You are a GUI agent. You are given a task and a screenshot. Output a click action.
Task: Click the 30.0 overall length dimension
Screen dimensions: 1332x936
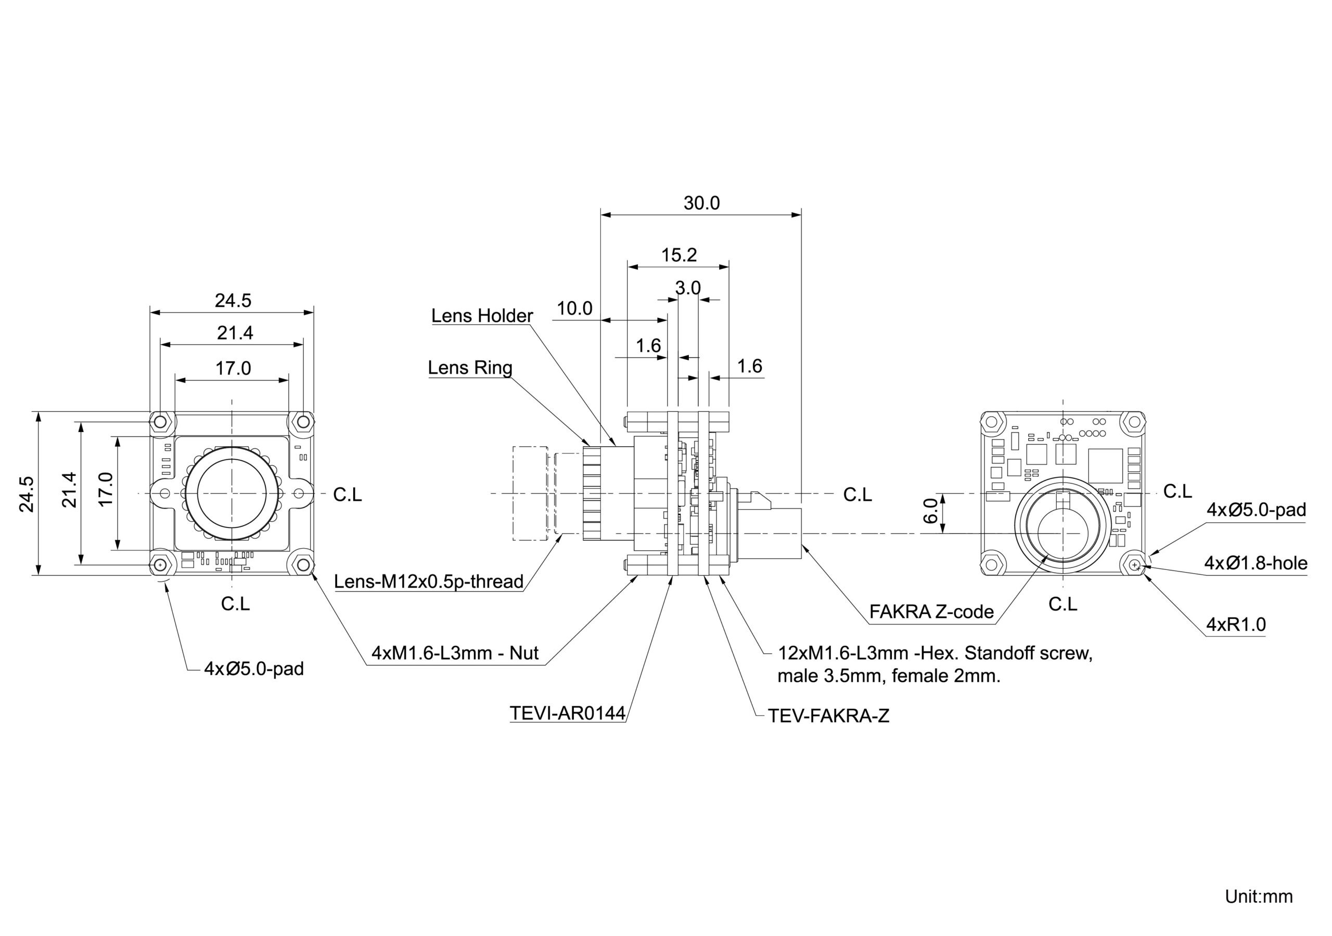701,203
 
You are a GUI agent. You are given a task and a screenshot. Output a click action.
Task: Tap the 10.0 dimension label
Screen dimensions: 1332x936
574,308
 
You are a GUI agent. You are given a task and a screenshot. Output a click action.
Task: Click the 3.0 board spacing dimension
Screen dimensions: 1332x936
687,288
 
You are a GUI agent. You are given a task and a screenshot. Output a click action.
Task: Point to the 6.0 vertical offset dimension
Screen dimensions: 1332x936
930,510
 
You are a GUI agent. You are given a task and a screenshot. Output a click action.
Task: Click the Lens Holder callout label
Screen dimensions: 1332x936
481,316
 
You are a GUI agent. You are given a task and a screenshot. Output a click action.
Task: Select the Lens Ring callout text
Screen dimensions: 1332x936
470,368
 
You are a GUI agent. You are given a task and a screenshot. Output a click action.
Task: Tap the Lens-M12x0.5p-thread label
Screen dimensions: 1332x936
429,581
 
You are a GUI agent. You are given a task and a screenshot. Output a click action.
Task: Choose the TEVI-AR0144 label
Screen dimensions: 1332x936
567,713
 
